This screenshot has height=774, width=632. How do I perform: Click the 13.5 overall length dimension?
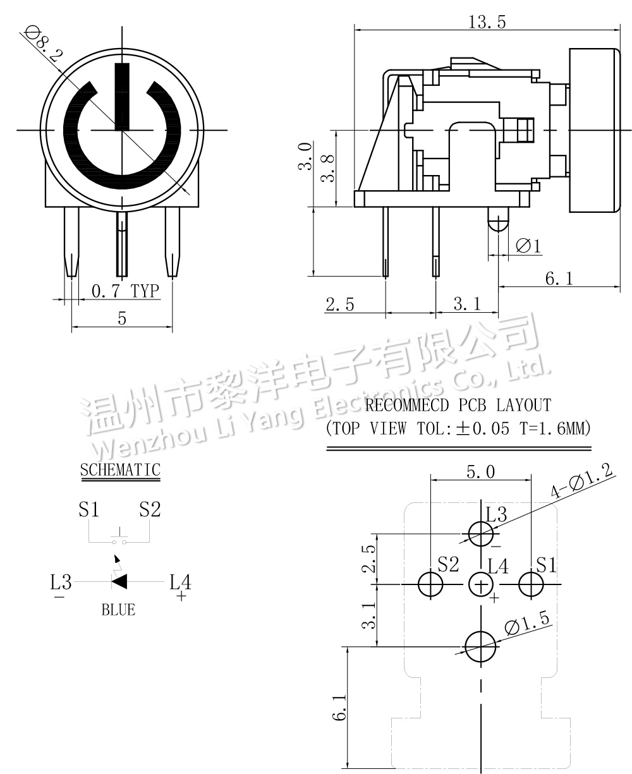[x=487, y=23]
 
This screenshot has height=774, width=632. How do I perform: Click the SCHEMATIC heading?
[x=120, y=470]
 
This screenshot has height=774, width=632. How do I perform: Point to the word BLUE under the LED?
[x=118, y=610]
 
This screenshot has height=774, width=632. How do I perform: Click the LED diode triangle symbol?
[x=119, y=581]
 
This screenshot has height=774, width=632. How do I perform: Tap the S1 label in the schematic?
[x=89, y=510]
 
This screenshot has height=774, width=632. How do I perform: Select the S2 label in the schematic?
[x=150, y=510]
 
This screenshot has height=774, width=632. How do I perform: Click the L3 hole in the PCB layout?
[x=481, y=534]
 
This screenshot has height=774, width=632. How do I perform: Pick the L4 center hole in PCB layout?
[x=481, y=584]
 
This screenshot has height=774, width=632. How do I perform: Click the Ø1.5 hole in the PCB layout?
[x=481, y=646]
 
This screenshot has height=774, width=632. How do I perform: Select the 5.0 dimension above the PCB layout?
[x=480, y=471]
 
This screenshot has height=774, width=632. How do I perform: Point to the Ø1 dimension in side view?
[x=528, y=246]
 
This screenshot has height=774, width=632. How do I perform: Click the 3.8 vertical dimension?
[x=327, y=168]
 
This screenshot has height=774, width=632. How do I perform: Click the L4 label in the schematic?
[x=179, y=581]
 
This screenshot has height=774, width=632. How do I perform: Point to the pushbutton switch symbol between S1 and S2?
[x=119, y=540]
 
